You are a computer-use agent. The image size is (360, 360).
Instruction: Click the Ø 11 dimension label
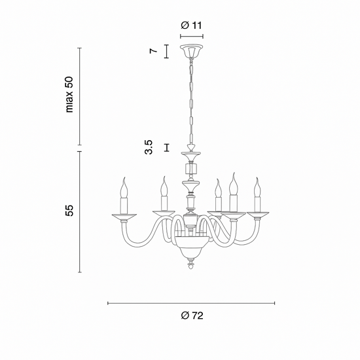191,26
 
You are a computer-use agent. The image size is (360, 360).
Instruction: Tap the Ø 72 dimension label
192,315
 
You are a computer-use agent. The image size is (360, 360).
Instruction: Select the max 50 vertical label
69,94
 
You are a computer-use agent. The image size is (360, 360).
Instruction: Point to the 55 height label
69,210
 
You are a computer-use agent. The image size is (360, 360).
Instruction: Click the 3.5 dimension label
149,147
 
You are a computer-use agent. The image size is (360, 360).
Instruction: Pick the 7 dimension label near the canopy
153,51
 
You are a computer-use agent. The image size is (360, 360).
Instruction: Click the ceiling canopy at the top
192,52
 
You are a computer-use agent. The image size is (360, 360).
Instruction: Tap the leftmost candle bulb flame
124,187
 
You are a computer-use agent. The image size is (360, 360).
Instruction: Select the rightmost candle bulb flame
258,187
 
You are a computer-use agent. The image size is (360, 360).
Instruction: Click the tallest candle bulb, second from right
233,184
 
